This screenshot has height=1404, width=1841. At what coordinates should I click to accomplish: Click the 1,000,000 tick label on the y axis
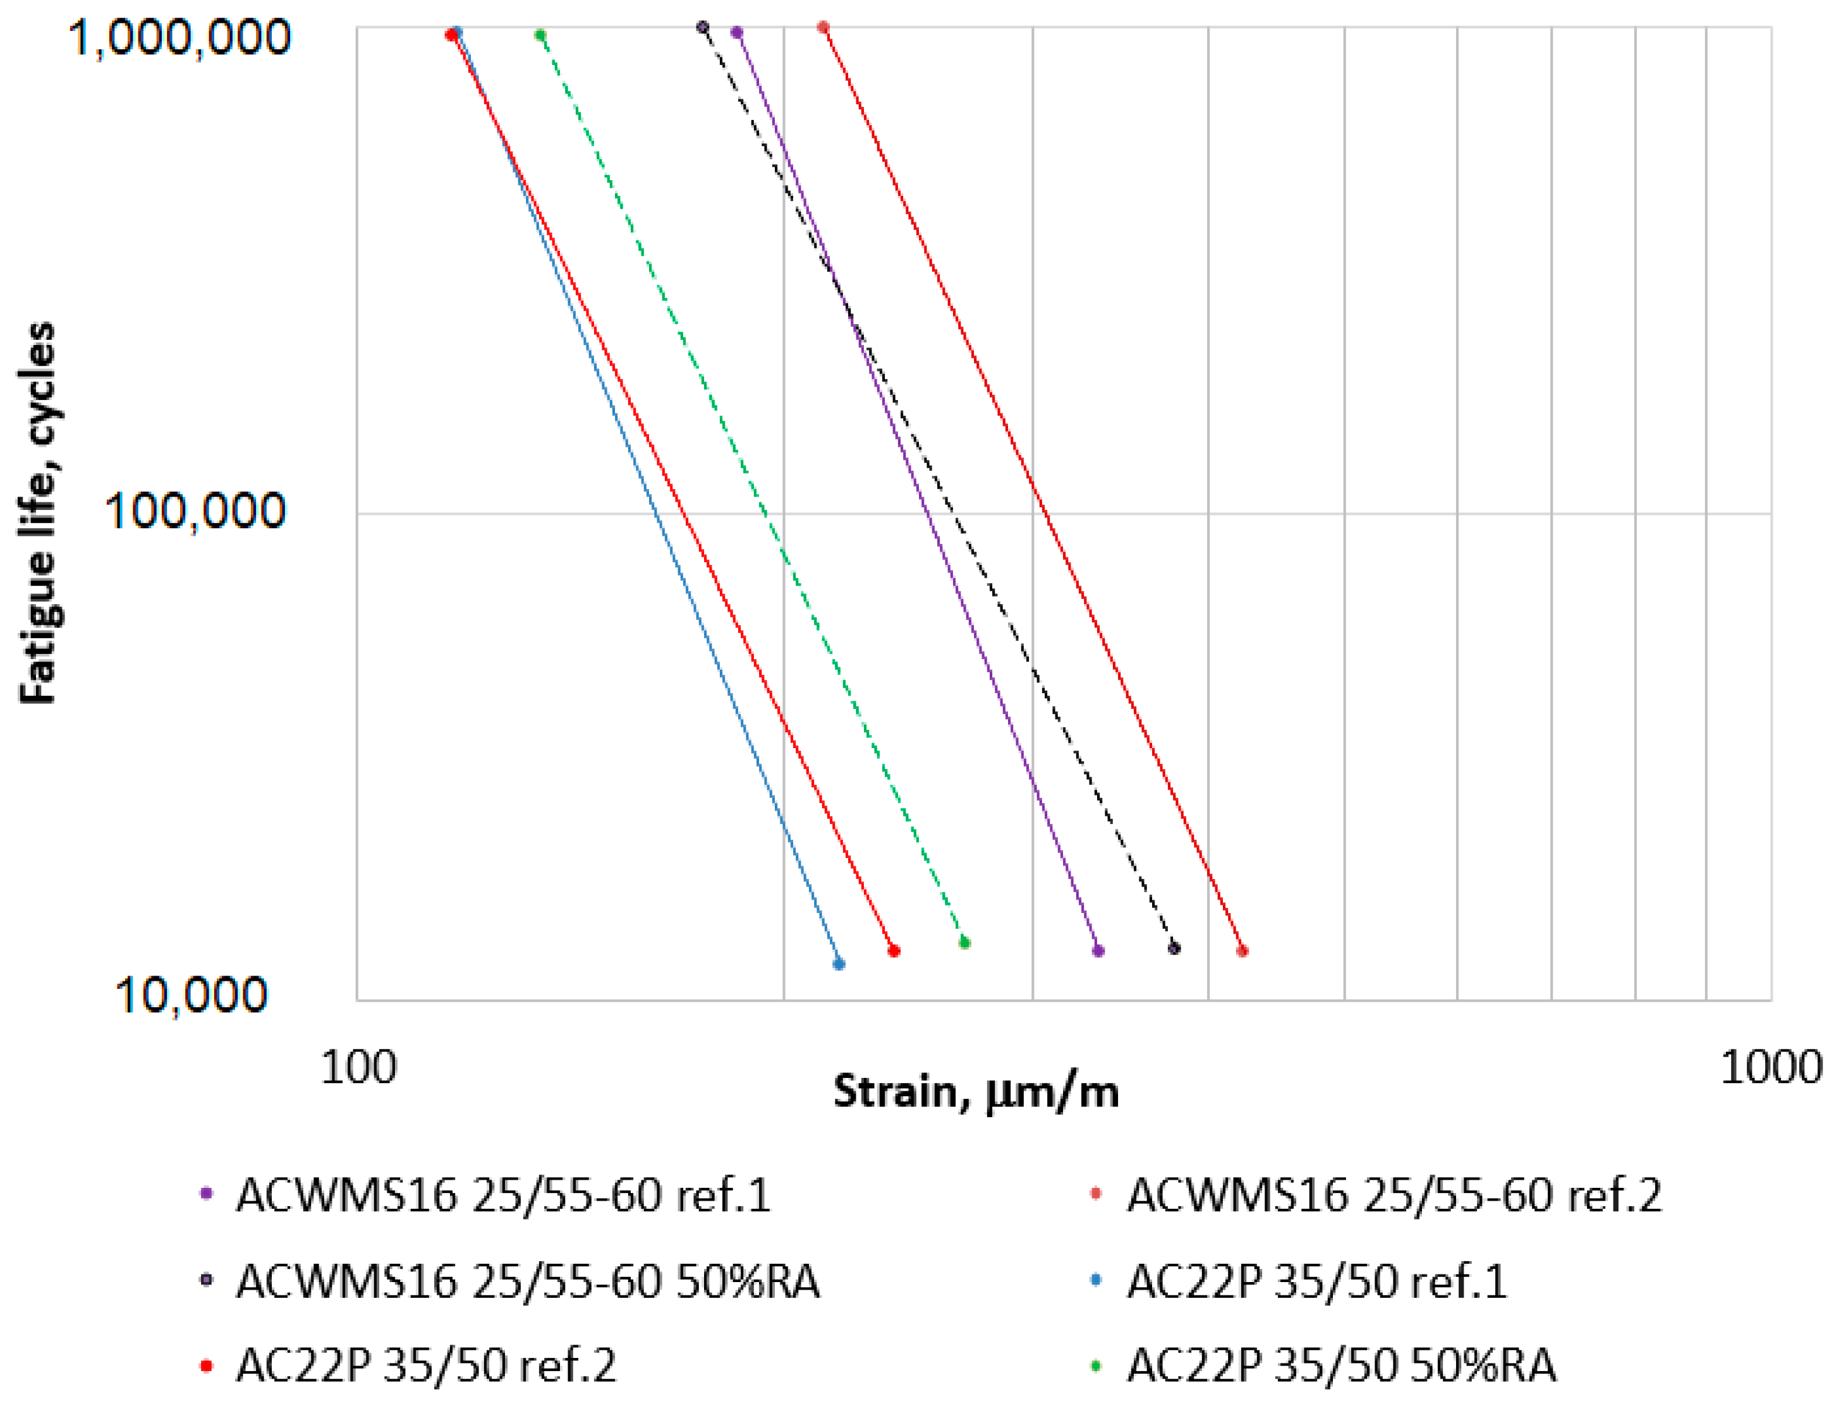tap(179, 38)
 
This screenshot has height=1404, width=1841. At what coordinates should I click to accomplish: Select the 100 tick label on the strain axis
tap(358, 1067)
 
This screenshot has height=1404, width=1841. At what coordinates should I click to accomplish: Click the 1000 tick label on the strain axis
tap(1771, 1067)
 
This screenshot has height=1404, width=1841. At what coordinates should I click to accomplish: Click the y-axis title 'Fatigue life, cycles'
tap(38, 513)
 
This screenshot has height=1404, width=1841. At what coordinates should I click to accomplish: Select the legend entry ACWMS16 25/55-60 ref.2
tap(1394, 1195)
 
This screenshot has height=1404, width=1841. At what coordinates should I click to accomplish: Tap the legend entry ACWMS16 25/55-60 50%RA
tap(527, 1281)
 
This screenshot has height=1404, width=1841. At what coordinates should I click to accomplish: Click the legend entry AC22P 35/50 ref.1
tap(1317, 1281)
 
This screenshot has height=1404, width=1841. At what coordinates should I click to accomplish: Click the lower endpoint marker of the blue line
tap(839, 964)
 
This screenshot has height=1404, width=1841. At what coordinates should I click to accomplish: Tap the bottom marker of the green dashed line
tap(964, 943)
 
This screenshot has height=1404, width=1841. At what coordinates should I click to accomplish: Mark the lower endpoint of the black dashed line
tap(1174, 948)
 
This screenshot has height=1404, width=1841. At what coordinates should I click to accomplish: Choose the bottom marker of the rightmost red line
tap(1242, 951)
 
